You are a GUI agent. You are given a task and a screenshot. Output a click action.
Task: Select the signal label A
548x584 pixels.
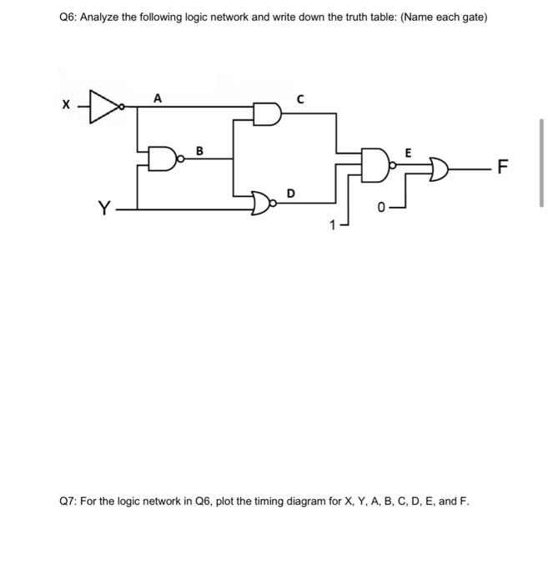(x=157, y=98)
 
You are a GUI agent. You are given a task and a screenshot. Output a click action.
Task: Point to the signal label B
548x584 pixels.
(x=199, y=151)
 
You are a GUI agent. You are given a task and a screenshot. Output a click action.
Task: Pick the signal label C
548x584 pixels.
(x=299, y=99)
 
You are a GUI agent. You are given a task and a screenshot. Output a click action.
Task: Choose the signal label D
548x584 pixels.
(x=290, y=194)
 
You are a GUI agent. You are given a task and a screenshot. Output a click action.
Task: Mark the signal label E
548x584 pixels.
(x=407, y=153)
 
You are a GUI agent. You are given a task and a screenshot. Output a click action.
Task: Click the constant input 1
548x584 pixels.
(x=331, y=224)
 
